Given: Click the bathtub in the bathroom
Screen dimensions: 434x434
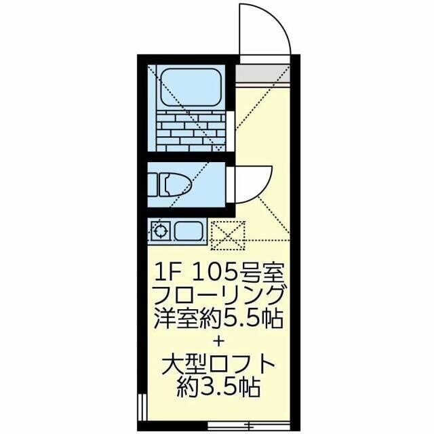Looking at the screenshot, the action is point(191,87).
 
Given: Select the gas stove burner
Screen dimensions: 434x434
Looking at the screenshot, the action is point(160,231).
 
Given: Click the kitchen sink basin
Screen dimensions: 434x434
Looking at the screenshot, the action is point(189,231).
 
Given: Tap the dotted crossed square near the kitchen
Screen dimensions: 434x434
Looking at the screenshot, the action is point(228,235).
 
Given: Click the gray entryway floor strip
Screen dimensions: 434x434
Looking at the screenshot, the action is point(262,73).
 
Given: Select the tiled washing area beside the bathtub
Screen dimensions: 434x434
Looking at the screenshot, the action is point(191,131).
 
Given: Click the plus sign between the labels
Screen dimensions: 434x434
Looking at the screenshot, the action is point(218,342).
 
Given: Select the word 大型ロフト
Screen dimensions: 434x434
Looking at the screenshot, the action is point(218,366).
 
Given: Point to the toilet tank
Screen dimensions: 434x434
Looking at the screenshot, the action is point(153,184).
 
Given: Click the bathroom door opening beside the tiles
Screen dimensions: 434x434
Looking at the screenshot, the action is point(231,131).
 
